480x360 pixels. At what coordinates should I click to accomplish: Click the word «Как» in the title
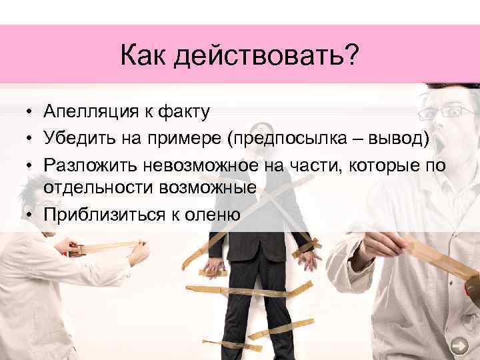(143, 57)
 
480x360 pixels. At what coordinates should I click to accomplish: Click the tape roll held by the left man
(78, 251)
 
